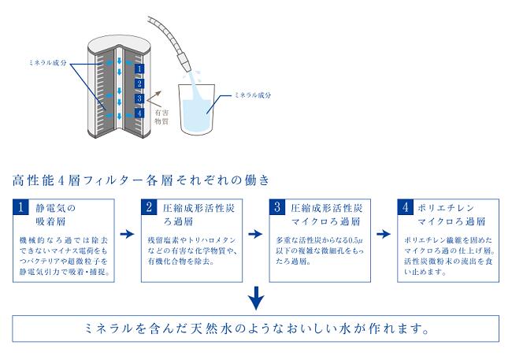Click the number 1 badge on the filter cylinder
139,69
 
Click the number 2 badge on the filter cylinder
139,84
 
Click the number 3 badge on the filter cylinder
139,98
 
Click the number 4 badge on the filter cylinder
139,113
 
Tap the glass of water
199,110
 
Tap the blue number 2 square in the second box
150,208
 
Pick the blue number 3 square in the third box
278,208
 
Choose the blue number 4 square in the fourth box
405,208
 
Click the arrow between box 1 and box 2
126,234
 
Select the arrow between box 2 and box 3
254,234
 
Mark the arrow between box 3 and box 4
382,234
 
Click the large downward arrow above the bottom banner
255,298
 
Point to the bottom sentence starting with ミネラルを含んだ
255,327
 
